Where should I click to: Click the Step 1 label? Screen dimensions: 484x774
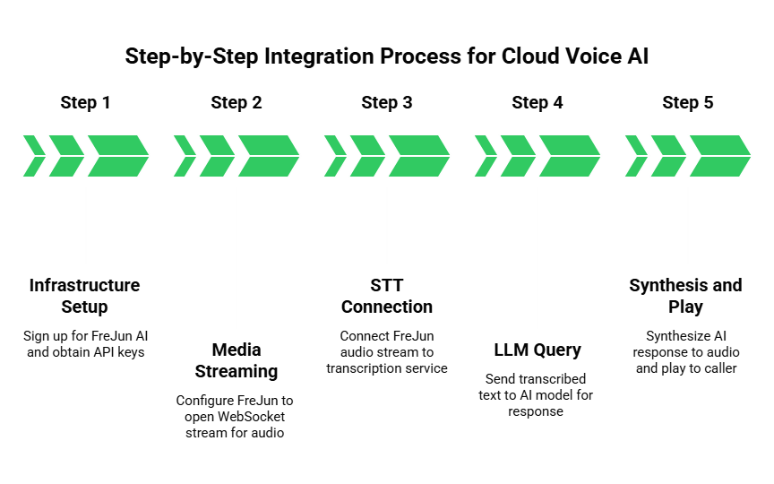tap(86, 102)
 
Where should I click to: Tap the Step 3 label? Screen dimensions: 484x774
tap(387, 102)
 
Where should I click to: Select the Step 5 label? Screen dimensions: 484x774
tap(688, 102)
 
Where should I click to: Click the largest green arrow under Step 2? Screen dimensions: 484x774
tap(267, 156)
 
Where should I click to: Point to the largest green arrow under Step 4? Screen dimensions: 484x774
tap(568, 156)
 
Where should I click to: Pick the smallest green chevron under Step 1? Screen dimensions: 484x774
tap(32, 156)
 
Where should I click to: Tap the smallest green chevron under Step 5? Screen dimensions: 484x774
tap(634, 156)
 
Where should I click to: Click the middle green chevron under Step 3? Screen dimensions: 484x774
tap(365, 156)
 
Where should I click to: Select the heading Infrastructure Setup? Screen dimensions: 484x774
tap(86, 296)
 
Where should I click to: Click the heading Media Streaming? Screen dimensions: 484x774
tap(236, 359)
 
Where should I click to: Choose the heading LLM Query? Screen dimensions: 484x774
tap(537, 349)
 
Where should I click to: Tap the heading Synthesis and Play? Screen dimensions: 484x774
tap(686, 296)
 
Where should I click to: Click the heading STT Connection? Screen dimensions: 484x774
tap(387, 296)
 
